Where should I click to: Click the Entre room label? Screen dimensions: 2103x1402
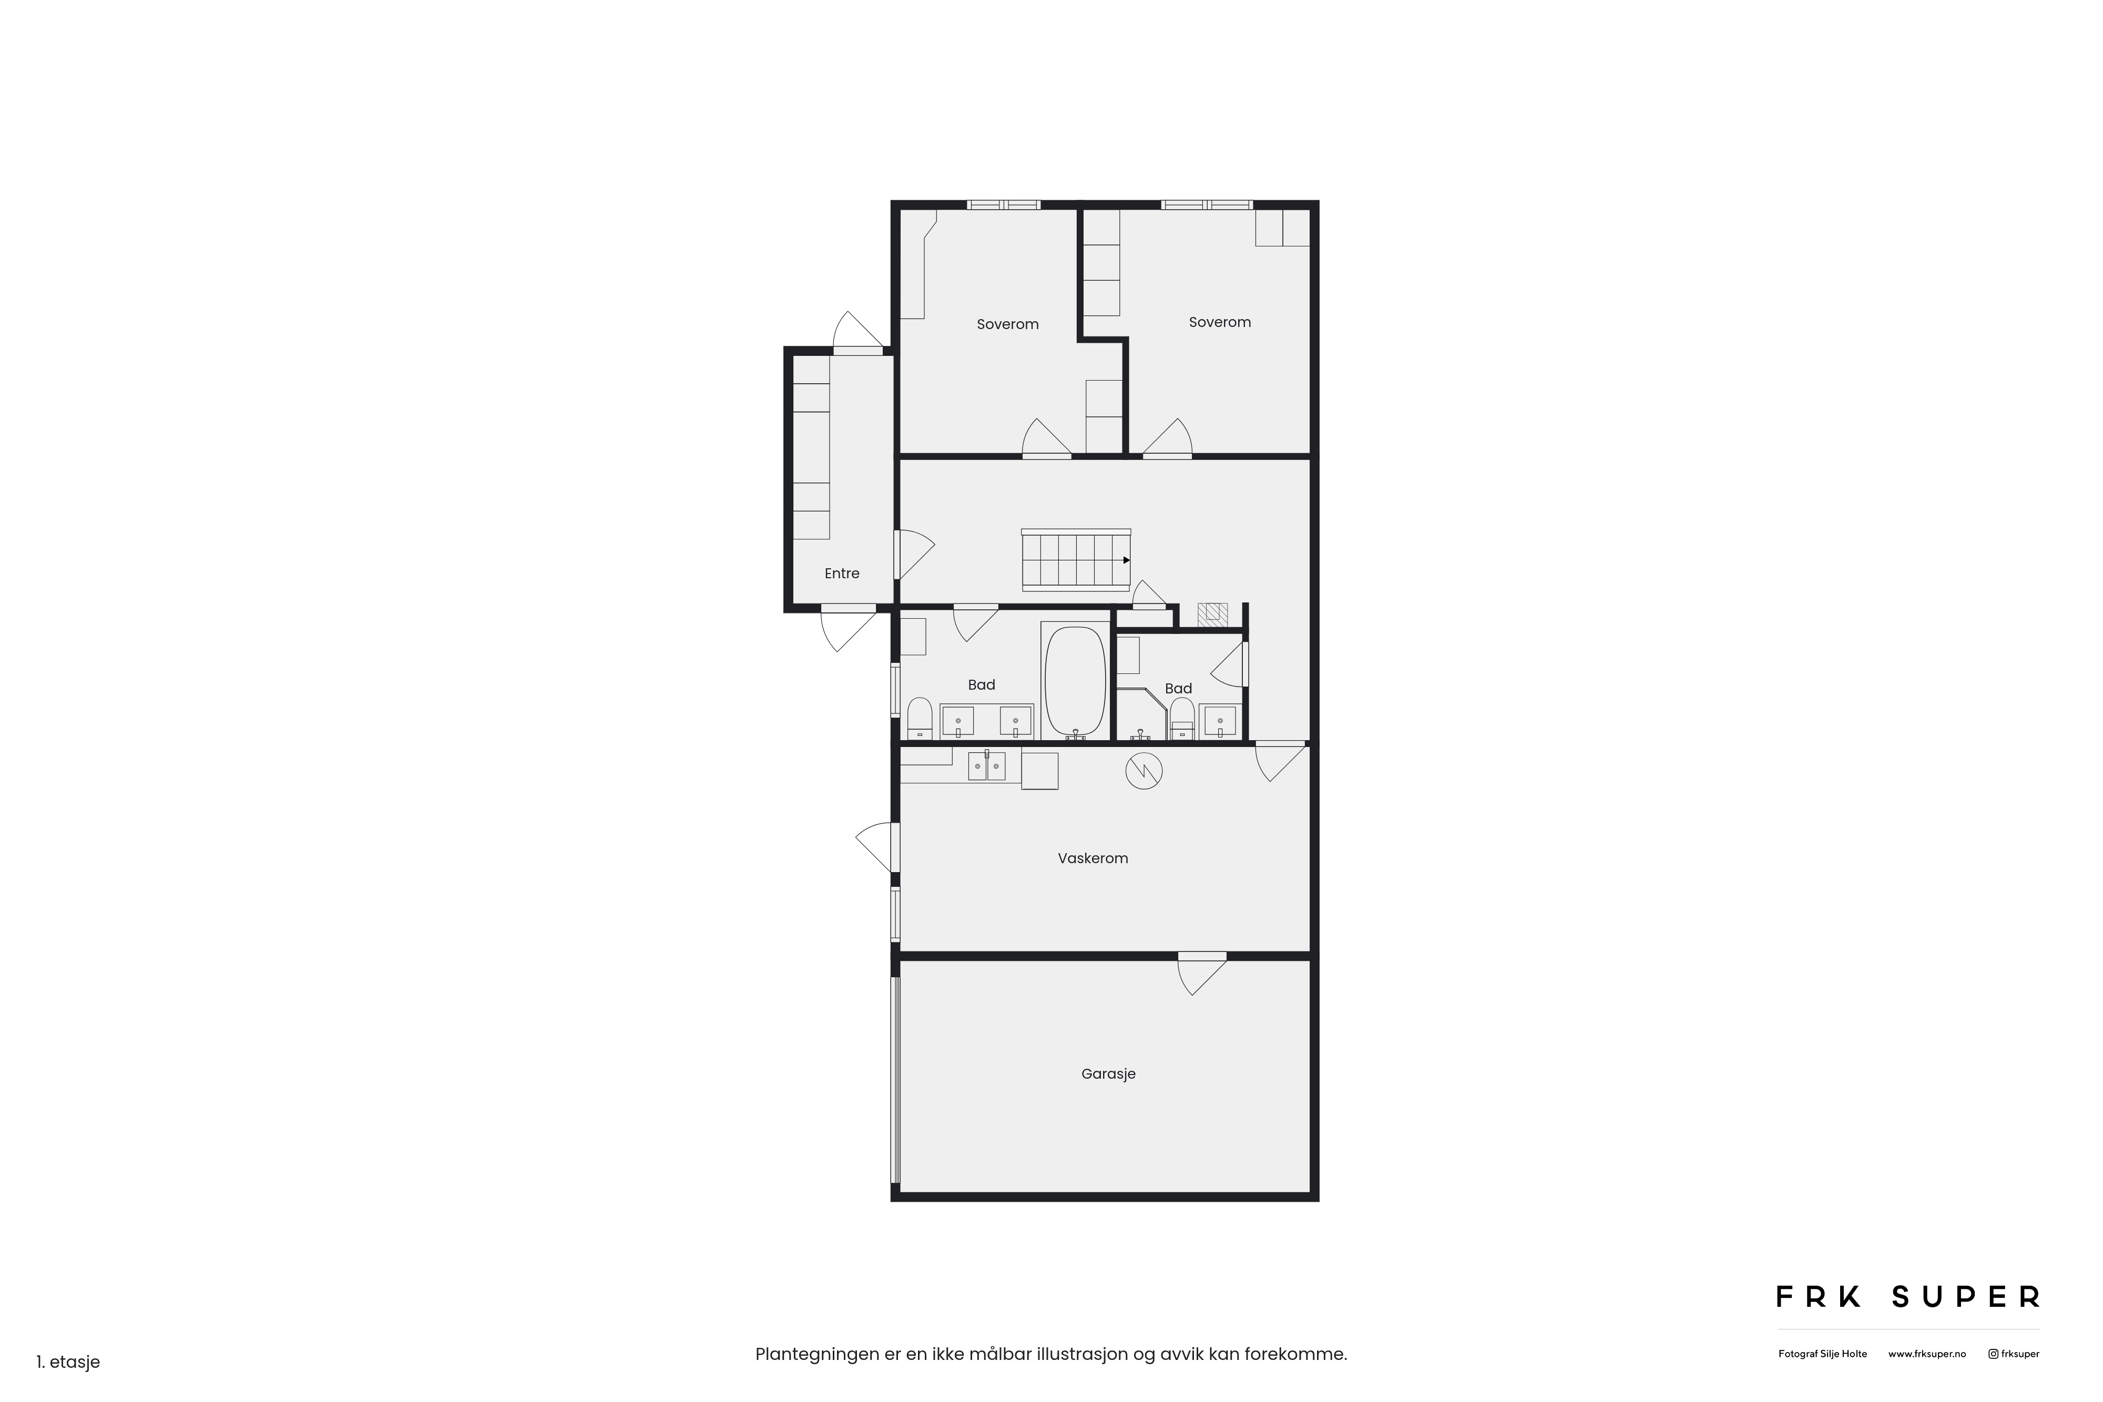click(841, 573)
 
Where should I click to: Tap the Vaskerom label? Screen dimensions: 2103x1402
click(1093, 858)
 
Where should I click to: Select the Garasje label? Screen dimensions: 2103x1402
click(1108, 1074)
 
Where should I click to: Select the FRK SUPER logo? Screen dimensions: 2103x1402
click(1908, 1296)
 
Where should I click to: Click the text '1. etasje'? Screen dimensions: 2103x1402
click(68, 1362)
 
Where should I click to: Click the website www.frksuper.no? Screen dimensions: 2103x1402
click(1927, 1354)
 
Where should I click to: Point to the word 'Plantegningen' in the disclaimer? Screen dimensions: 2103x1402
click(817, 1355)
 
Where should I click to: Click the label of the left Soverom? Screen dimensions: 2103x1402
click(1008, 324)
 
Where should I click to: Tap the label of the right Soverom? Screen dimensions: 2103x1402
click(1220, 323)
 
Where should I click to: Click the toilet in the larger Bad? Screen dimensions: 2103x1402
click(920, 719)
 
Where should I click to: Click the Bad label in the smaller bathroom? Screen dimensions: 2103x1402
click(1178, 689)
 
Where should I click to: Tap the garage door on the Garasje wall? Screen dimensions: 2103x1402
click(895, 1080)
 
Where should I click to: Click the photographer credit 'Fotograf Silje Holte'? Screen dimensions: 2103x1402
click(1822, 1354)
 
